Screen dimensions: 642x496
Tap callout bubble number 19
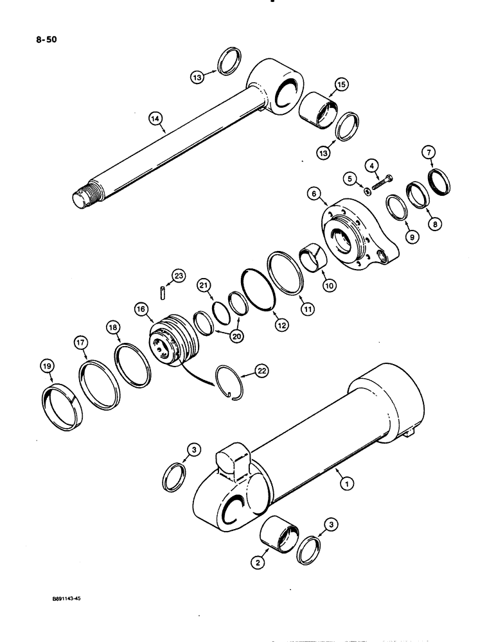point(48,367)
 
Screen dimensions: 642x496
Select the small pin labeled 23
point(163,292)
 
